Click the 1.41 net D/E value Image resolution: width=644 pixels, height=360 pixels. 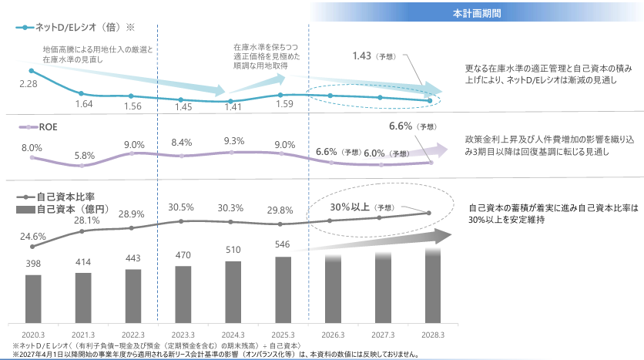(232, 108)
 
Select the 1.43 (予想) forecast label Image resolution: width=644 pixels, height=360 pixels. (373, 56)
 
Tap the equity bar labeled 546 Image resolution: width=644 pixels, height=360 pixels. (283, 289)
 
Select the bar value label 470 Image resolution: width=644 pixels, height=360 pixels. (183, 254)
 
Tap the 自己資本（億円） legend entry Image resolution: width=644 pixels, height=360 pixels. (65, 210)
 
